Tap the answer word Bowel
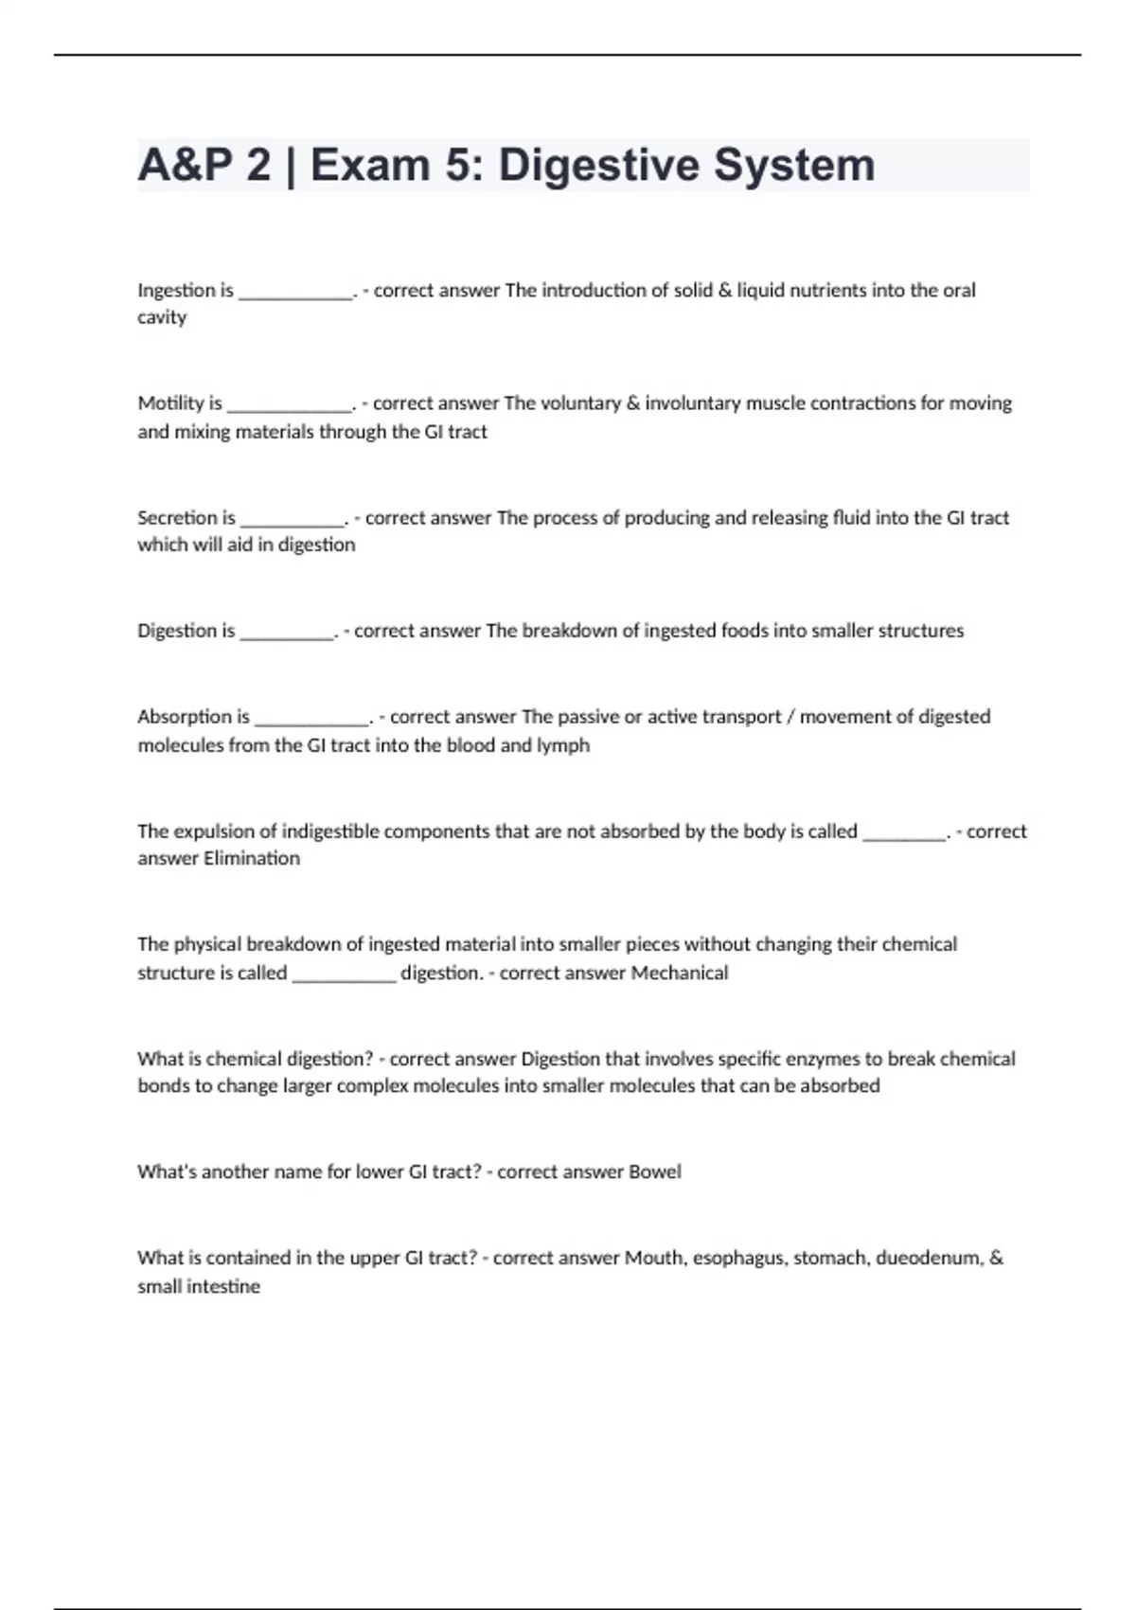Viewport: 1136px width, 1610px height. (x=655, y=1172)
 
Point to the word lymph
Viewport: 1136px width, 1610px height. (x=563, y=745)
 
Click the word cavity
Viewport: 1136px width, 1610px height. (x=162, y=317)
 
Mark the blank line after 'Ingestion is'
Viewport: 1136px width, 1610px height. (x=295, y=295)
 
